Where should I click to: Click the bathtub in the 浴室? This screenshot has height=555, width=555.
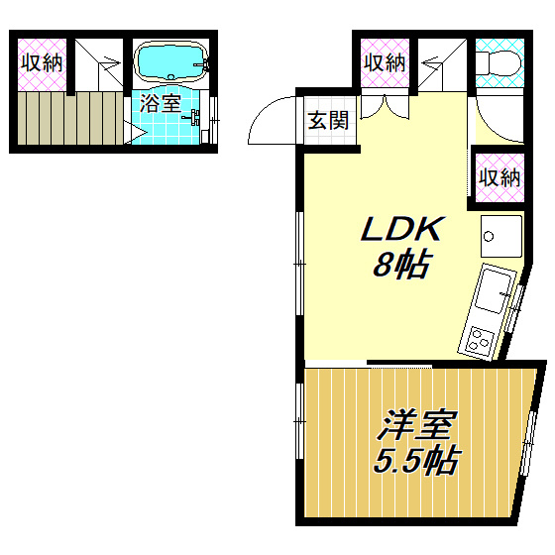click(169, 62)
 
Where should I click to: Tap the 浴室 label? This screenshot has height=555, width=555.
click(160, 103)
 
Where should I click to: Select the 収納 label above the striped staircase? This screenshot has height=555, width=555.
click(40, 62)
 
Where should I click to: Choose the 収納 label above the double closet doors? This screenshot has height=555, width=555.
click(385, 62)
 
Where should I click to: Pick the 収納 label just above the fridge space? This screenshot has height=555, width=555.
click(499, 177)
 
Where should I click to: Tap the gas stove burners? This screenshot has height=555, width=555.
click(479, 343)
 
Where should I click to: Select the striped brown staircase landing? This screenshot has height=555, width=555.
click(64, 116)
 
